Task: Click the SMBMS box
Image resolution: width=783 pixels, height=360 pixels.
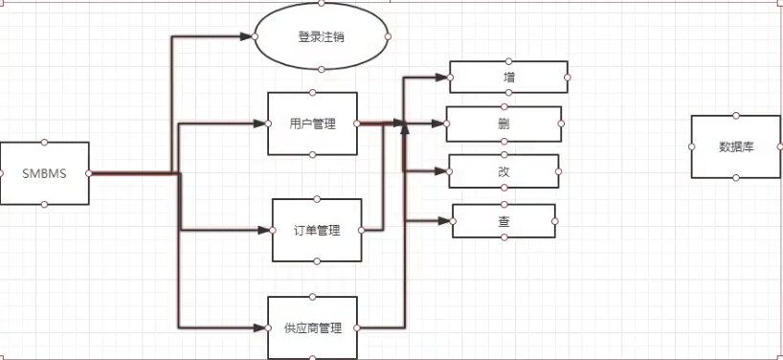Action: click(45, 173)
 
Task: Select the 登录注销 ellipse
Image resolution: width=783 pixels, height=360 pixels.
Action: click(322, 36)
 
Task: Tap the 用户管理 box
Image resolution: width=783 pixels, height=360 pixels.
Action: click(312, 124)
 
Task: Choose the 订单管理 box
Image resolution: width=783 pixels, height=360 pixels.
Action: click(317, 231)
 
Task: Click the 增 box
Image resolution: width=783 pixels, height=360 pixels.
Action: click(508, 78)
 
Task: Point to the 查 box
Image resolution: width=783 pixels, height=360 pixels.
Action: click(504, 221)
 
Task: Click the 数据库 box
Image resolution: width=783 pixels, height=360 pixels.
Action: click(735, 146)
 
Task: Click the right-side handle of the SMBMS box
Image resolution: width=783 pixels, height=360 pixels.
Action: click(89, 173)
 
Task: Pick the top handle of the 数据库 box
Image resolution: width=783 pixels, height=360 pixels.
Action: click(735, 115)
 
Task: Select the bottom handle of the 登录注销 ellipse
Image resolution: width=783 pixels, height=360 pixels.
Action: click(322, 69)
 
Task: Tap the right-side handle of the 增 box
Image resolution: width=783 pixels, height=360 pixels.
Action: click(568, 78)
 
